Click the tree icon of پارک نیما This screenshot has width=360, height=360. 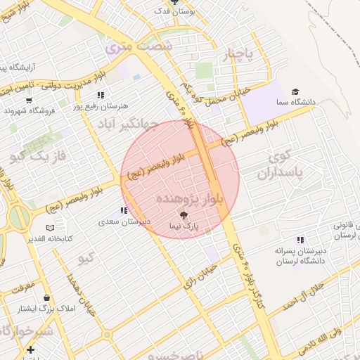[x=184, y=216]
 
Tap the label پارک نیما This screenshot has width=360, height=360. [x=184, y=226]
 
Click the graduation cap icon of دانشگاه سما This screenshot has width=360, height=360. [x=296, y=92]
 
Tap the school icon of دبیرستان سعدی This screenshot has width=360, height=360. [x=124, y=210]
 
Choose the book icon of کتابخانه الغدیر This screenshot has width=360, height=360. [x=49, y=228]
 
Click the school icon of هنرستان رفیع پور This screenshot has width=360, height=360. [x=101, y=95]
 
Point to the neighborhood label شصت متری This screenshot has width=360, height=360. [x=138, y=47]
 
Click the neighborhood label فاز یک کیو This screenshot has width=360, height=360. [x=39, y=153]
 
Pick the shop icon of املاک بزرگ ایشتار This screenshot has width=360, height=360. [x=46, y=298]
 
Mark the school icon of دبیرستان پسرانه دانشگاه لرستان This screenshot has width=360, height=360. [x=301, y=240]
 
